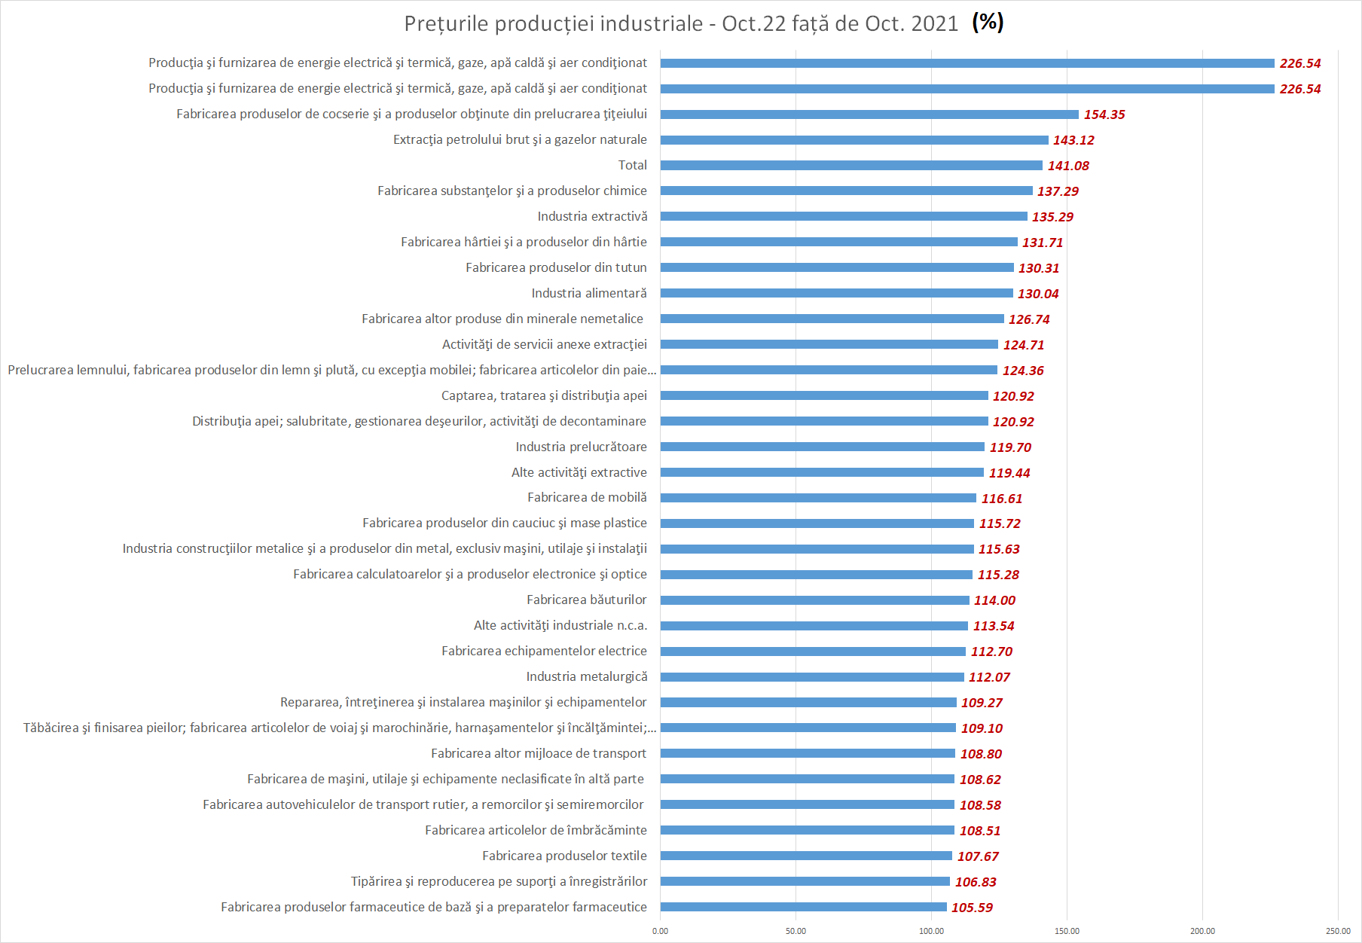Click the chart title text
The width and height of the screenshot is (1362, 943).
[681, 23]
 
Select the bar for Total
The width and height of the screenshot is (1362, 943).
[851, 165]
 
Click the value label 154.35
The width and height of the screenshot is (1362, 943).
[1104, 114]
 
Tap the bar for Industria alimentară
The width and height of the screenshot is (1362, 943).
[836, 293]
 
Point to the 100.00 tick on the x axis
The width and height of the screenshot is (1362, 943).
[931, 931]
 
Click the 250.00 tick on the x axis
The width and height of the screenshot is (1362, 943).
[1338, 931]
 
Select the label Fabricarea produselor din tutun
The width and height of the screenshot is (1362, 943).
[556, 267]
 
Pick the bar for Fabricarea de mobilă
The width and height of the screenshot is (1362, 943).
[818, 498]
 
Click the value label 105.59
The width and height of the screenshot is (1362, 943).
[972, 908]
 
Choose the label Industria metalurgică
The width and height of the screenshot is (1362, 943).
[587, 676]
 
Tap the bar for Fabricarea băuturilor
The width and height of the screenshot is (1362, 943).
[814, 600]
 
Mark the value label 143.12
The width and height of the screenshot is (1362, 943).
[1073, 140]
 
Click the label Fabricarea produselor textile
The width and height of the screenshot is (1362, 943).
[564, 856]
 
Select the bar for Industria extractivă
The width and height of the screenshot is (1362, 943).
[844, 216]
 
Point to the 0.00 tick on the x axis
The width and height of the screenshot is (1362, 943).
[660, 931]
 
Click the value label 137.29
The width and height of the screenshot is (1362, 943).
[1058, 191]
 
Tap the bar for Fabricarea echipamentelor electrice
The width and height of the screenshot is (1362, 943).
[813, 652]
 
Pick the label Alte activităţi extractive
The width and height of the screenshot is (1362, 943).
[579, 472]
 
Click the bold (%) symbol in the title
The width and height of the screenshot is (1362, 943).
[988, 22]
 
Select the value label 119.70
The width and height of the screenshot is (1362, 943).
[1010, 447]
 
